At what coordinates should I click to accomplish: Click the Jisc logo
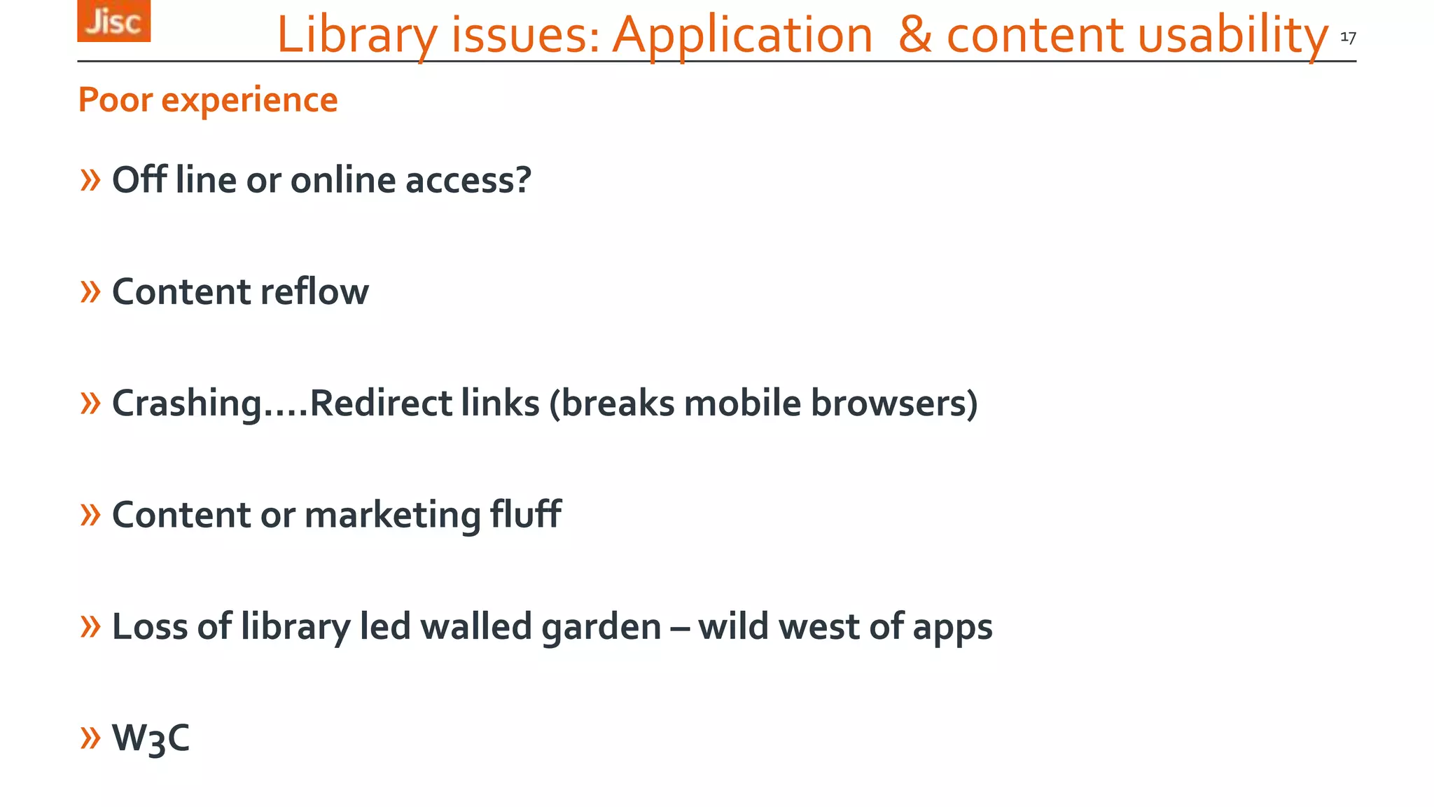[113, 21]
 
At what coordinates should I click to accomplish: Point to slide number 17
[1348, 37]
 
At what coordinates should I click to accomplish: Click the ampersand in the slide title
[915, 35]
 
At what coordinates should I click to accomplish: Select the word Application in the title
[742, 35]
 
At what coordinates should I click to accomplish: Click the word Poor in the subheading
[115, 99]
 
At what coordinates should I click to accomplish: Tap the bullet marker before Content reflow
[90, 291]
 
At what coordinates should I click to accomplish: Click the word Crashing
[187, 403]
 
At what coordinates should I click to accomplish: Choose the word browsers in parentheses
[893, 403]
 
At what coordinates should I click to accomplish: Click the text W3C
[151, 738]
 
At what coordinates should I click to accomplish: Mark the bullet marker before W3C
[90, 738]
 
